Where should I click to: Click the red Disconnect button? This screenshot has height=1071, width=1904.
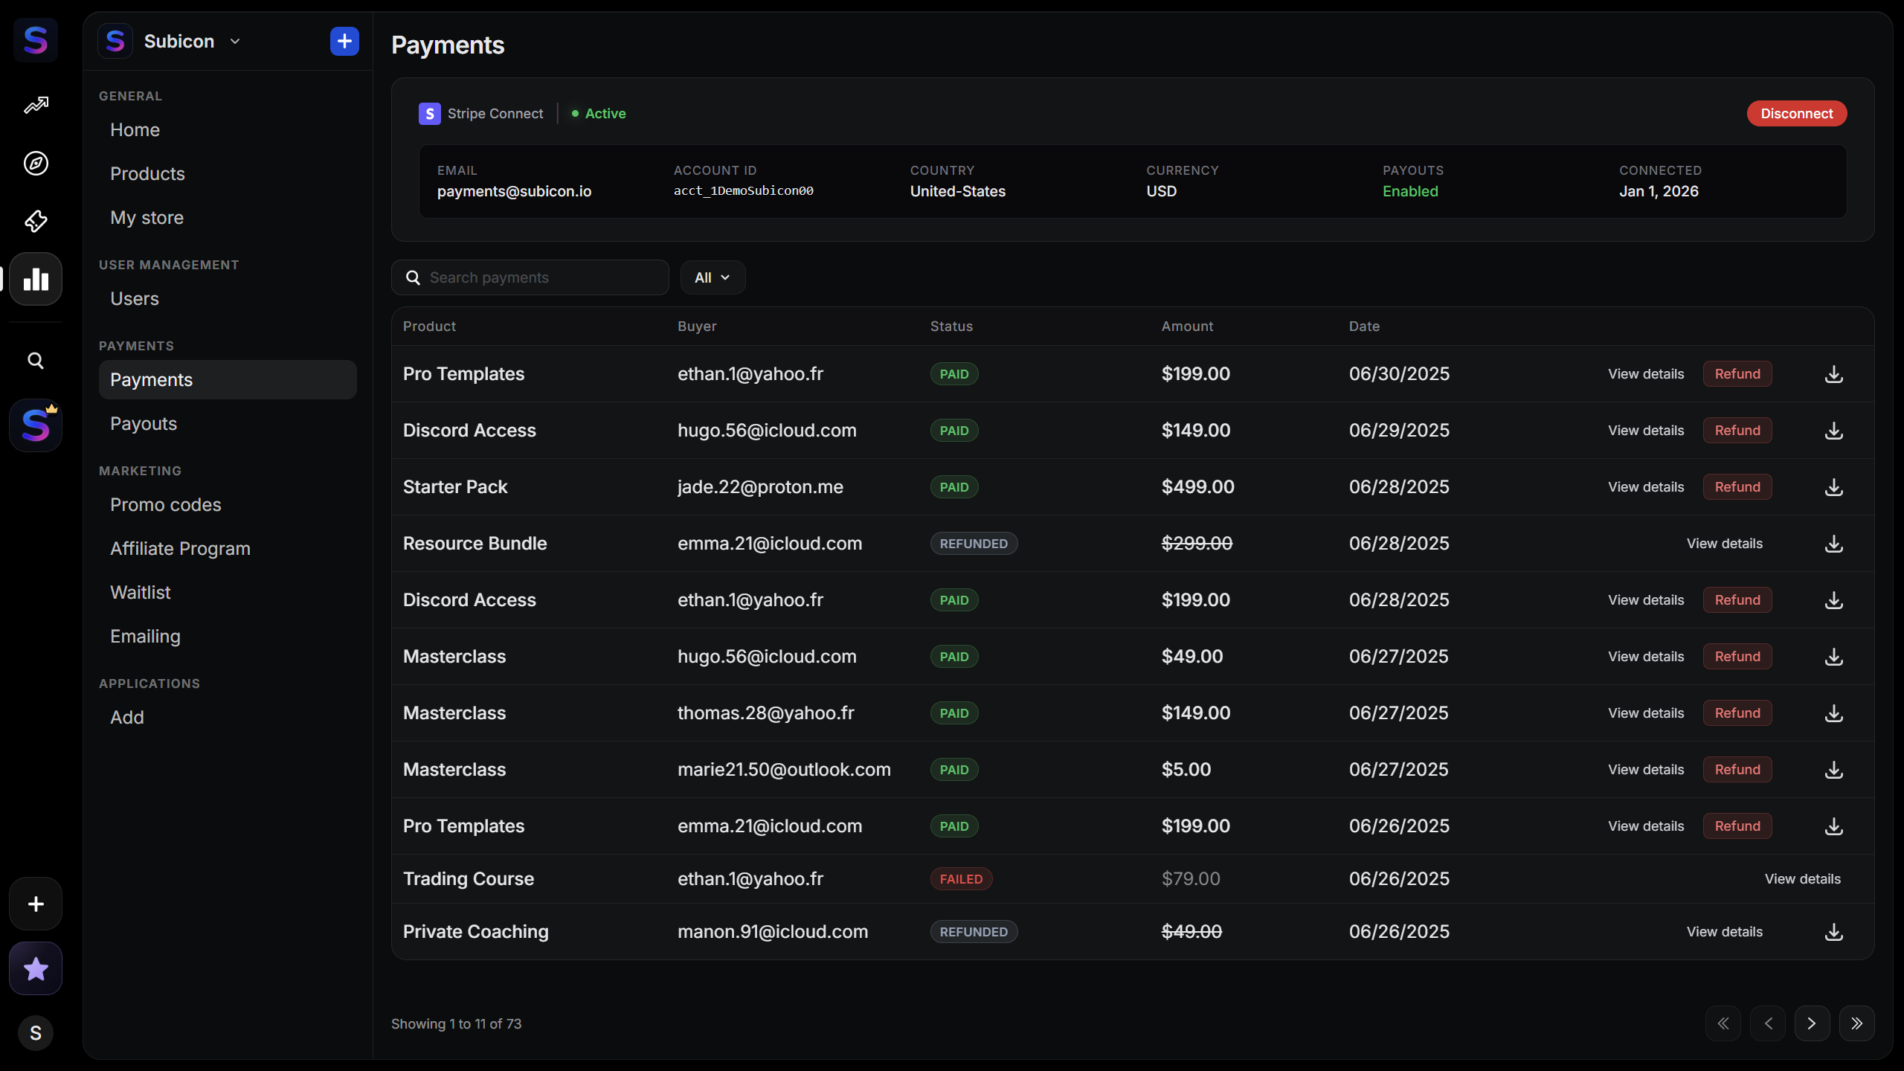tap(1796, 114)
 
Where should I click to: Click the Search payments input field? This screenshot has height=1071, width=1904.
tap(530, 277)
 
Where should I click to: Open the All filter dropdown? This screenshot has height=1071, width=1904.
tap(713, 277)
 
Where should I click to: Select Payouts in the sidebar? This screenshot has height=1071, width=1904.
tap(144, 423)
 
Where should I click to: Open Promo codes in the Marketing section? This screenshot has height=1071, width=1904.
tap(166, 504)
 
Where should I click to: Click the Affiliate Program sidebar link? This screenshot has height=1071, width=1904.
tap(180, 548)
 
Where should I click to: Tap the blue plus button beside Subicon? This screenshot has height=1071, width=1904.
tap(344, 42)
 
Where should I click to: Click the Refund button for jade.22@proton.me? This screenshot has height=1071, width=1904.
tap(1737, 487)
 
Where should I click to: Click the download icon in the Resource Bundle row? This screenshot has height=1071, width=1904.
tap(1834, 544)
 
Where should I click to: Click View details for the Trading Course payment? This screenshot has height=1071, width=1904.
tap(1803, 879)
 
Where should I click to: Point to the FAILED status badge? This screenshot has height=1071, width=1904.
tap(961, 879)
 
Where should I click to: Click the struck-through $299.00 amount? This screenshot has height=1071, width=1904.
tap(1197, 544)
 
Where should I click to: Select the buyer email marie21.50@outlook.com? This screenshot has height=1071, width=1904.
tap(784, 770)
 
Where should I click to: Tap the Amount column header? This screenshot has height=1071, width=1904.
tap(1187, 327)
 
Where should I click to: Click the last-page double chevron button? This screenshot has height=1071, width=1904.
tap(1856, 1024)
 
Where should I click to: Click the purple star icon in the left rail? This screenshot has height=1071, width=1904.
tap(36, 968)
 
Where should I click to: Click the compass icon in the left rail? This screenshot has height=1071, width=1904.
tap(36, 163)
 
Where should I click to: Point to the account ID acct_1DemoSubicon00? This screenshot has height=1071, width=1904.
tap(744, 191)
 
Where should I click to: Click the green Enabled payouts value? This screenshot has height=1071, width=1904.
tap(1410, 191)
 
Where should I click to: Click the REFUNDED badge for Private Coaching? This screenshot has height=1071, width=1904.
tap(974, 932)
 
